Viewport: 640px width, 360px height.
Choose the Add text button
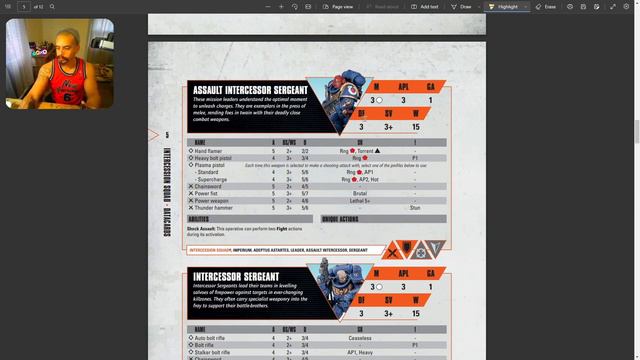[x=425, y=6]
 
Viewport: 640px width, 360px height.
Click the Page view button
[x=338, y=6]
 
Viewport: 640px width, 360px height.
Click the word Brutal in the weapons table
[x=360, y=193]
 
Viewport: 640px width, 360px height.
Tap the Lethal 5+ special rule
[x=360, y=200]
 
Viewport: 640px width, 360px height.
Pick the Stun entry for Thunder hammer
[x=414, y=207]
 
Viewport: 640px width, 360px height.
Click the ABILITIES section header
[x=199, y=219]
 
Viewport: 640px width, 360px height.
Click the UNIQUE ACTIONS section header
[x=343, y=219]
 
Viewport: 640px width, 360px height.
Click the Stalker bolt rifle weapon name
[x=215, y=352]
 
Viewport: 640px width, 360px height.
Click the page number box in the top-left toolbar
[x=24, y=6]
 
